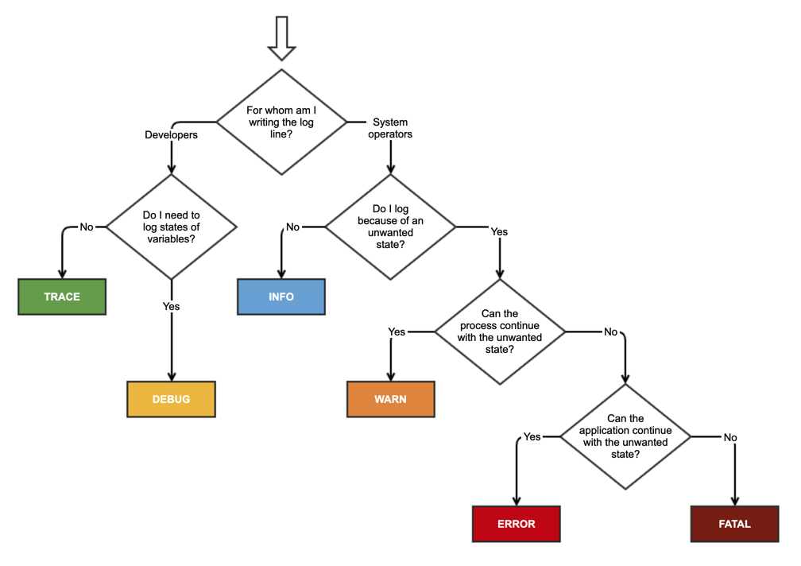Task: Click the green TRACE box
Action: [62, 297]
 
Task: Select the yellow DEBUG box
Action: [171, 399]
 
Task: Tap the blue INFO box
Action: [281, 297]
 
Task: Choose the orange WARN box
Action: [390, 399]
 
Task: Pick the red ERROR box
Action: [517, 524]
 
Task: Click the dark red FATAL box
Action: [734, 524]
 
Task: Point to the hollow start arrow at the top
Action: [281, 37]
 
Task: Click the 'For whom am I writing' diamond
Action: [281, 122]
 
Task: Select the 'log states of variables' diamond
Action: [171, 227]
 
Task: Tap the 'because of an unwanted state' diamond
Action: [390, 227]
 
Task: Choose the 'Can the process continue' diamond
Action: [500, 331]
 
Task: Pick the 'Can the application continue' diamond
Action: [625, 436]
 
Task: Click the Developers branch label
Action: [171, 135]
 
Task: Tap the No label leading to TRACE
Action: [87, 227]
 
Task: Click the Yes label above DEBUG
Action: [171, 306]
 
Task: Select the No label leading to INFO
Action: [292, 227]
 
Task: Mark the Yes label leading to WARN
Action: [397, 331]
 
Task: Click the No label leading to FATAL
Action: [730, 436]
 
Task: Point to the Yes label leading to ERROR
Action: [532, 436]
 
